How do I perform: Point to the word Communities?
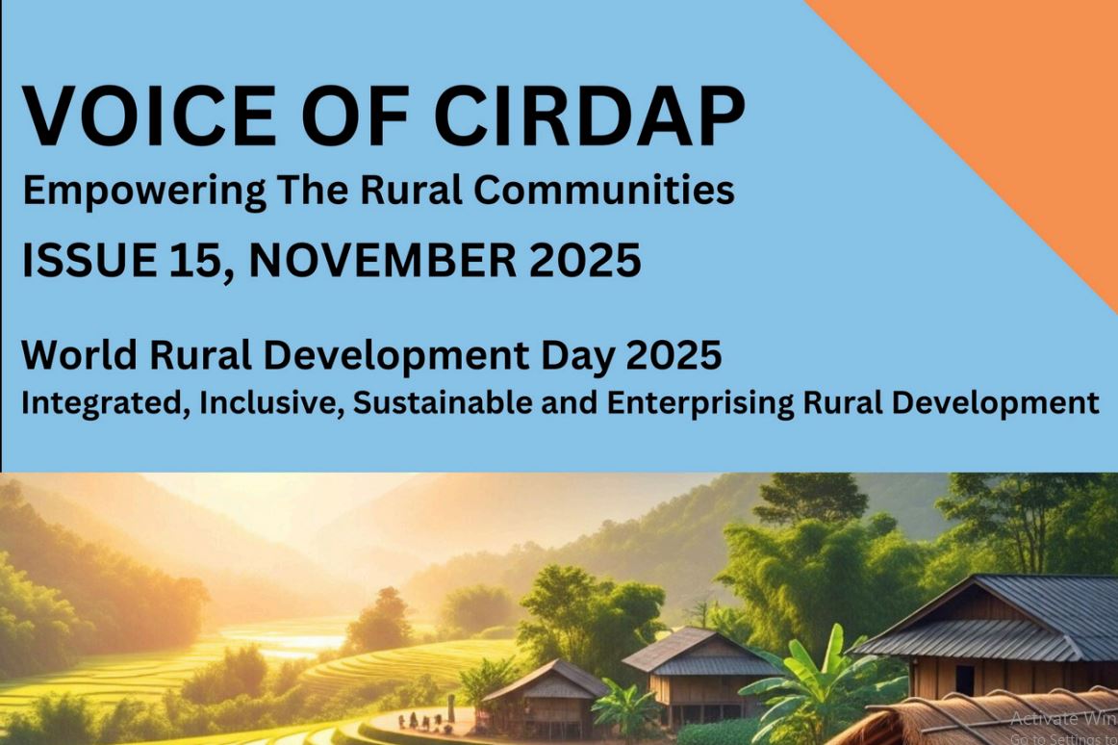tap(604, 190)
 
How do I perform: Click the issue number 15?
tap(200, 260)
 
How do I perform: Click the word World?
tap(79, 354)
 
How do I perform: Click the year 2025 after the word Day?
tap(673, 354)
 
